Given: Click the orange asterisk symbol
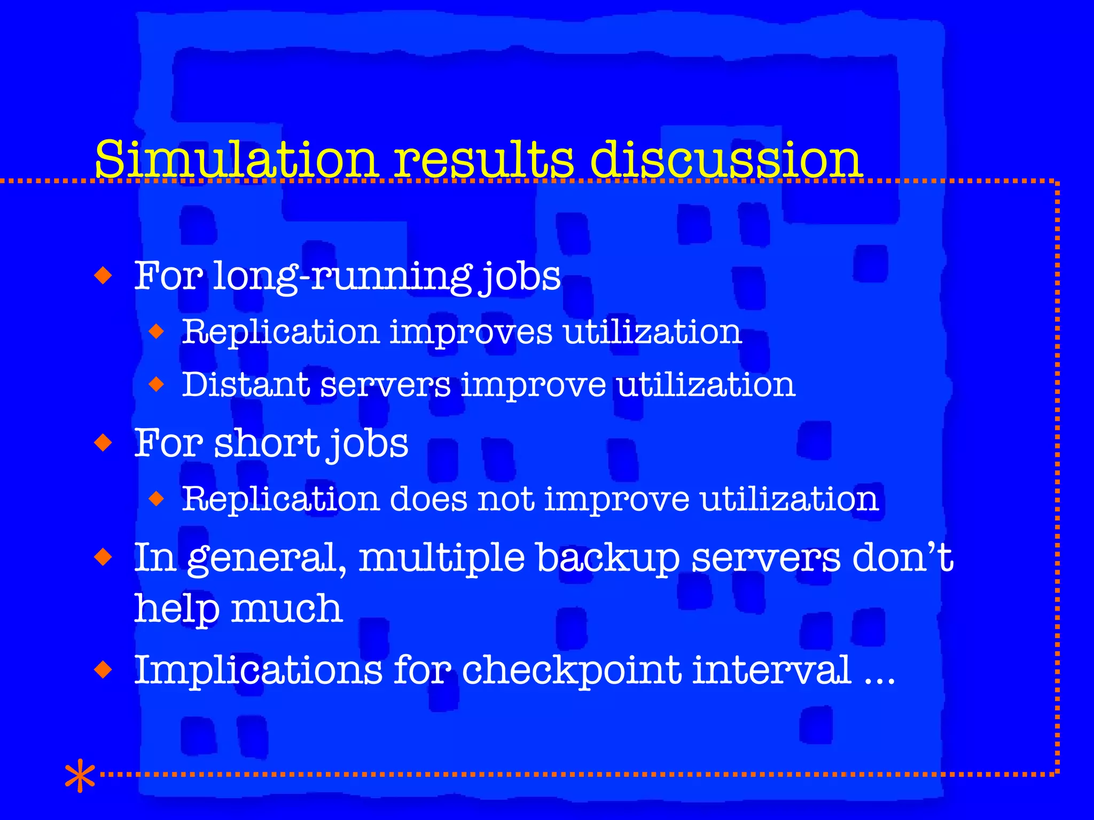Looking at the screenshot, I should point(80,776).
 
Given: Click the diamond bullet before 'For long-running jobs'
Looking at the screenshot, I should point(103,276).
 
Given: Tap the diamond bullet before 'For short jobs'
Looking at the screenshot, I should point(103,443).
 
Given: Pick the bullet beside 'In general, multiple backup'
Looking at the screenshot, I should point(103,558).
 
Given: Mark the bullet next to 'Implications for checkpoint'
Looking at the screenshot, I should point(103,669).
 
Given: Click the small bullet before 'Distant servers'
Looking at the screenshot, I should point(157,384).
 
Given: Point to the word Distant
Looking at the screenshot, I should point(246,384).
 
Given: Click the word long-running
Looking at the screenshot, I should point(342,277).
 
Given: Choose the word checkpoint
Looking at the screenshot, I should point(572,671).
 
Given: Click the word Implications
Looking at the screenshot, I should point(258,671).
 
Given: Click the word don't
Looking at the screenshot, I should point(903,557).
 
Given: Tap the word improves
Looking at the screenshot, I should point(471,332).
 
